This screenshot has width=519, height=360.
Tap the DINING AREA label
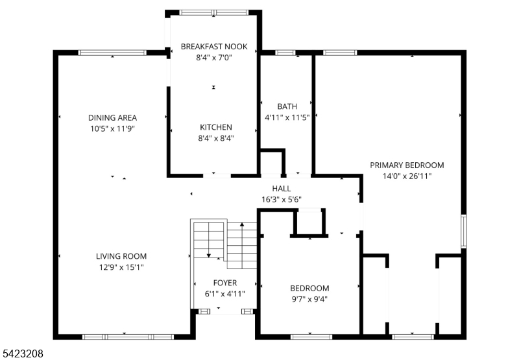(x=113, y=117)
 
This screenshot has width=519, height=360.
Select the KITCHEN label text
(x=215, y=127)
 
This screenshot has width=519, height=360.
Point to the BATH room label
(x=287, y=106)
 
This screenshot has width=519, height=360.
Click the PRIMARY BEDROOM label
(x=407, y=165)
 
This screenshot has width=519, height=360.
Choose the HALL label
(x=281, y=188)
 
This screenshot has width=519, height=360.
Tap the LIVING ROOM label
(x=121, y=256)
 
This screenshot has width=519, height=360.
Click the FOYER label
(x=225, y=283)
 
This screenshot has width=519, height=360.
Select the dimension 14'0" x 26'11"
(x=407, y=175)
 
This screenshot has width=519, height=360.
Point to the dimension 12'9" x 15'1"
(x=121, y=267)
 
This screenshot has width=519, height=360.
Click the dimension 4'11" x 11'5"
(x=287, y=117)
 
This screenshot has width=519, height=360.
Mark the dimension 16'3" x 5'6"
(x=281, y=199)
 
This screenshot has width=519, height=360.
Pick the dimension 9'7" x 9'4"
(x=309, y=299)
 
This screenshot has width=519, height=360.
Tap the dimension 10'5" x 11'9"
(x=113, y=128)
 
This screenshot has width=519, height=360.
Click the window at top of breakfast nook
(x=213, y=12)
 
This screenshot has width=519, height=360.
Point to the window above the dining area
(x=112, y=53)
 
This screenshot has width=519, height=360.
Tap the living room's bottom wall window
(x=127, y=337)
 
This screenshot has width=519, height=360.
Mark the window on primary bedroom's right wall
(x=463, y=230)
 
